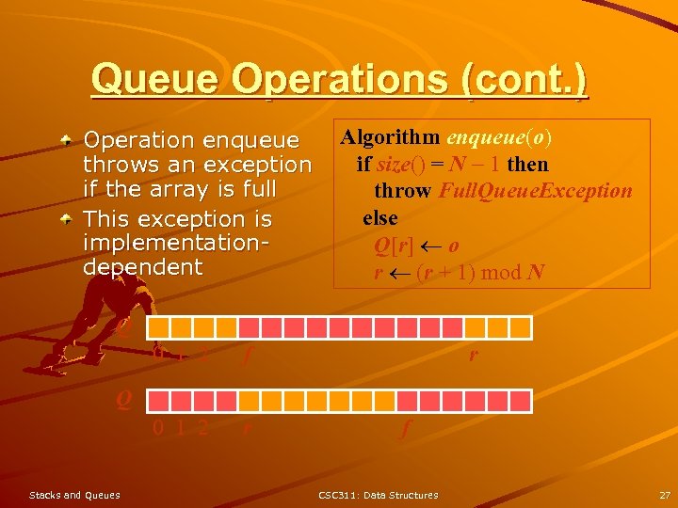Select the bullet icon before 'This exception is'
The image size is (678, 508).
click(x=66, y=219)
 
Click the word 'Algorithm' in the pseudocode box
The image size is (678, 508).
click(x=389, y=137)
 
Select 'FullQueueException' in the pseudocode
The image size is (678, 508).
click(x=536, y=191)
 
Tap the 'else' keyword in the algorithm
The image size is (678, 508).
click(x=380, y=218)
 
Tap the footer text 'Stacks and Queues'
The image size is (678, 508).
click(x=74, y=495)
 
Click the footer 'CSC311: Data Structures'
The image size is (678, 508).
click(x=378, y=495)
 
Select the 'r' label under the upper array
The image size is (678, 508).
click(x=473, y=355)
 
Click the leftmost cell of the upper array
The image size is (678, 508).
click(x=157, y=327)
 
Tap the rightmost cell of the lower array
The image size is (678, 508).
click(x=524, y=401)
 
